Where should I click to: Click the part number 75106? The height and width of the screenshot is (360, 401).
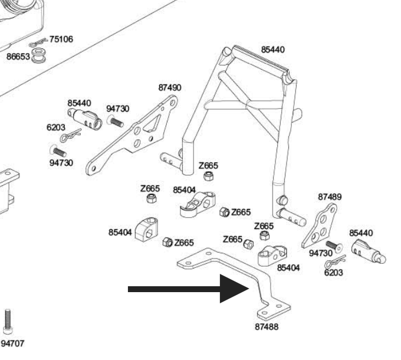[61, 40]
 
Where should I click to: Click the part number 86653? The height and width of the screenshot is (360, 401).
[18, 57]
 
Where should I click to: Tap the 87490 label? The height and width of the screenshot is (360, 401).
[170, 87]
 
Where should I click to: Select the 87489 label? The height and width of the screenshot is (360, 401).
[330, 196]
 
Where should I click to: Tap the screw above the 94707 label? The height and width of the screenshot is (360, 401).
[8, 321]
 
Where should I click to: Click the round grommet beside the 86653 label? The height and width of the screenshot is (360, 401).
[39, 55]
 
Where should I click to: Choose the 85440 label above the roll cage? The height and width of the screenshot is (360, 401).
[272, 50]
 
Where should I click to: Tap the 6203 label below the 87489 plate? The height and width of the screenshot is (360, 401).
[334, 273]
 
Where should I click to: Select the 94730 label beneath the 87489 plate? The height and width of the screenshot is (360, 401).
[321, 253]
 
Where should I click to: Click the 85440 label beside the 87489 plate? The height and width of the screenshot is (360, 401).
[361, 233]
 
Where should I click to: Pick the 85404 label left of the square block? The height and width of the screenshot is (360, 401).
[120, 232]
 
